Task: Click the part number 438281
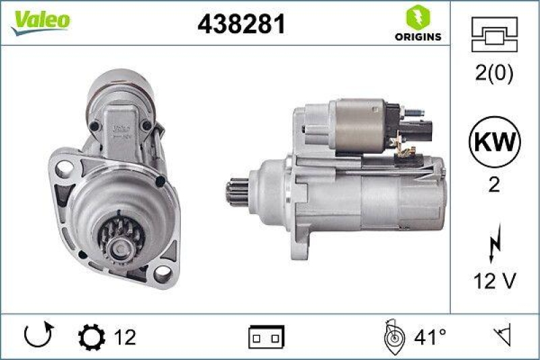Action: [241, 24]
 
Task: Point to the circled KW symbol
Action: [494, 143]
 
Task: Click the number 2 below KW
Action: [494, 185]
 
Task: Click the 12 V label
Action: [494, 284]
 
